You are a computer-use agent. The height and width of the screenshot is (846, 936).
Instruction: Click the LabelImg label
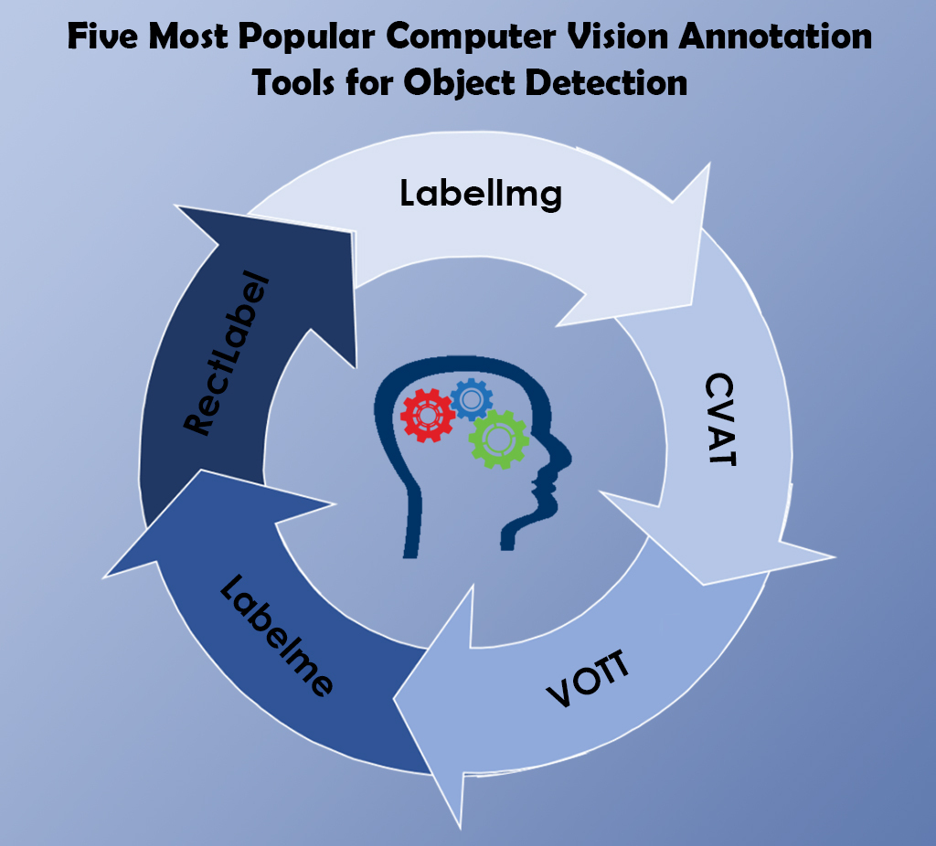pos(481,194)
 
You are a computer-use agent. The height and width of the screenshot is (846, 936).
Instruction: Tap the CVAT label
pos(721,419)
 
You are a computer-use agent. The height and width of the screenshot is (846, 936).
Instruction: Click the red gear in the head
pos(426,415)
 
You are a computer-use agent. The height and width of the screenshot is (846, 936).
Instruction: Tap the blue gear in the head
pos(472,398)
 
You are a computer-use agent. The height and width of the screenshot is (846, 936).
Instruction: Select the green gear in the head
pos(499,439)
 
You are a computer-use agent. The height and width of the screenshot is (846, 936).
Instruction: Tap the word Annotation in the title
pos(798,37)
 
